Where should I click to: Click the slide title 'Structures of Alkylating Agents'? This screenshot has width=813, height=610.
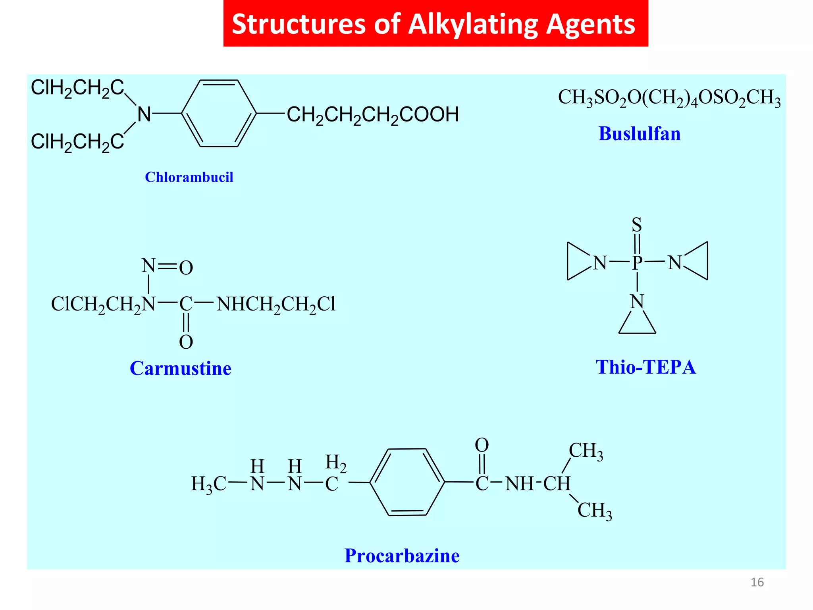click(x=433, y=24)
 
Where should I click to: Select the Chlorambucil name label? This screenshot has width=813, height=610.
click(x=189, y=177)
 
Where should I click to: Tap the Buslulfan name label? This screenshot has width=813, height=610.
click(x=639, y=134)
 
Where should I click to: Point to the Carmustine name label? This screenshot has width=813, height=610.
click(x=181, y=369)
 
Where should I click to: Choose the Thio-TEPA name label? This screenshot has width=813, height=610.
click(x=645, y=367)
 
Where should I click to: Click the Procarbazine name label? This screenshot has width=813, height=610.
click(x=402, y=556)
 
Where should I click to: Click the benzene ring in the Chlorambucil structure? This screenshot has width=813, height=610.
click(x=219, y=114)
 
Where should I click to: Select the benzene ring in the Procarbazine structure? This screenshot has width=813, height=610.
click(x=407, y=482)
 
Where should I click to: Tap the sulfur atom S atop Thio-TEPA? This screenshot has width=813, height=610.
click(x=637, y=225)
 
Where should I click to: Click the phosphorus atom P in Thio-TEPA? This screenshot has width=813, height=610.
click(x=637, y=262)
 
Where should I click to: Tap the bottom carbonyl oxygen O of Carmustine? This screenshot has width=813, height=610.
click(x=186, y=342)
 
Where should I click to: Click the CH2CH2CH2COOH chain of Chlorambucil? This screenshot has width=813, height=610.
click(x=372, y=115)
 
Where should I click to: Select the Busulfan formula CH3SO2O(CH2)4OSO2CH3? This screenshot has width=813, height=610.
click(x=669, y=97)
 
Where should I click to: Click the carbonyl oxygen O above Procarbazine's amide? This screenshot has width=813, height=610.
click(x=482, y=445)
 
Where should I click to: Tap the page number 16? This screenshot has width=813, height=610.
click(x=757, y=582)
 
